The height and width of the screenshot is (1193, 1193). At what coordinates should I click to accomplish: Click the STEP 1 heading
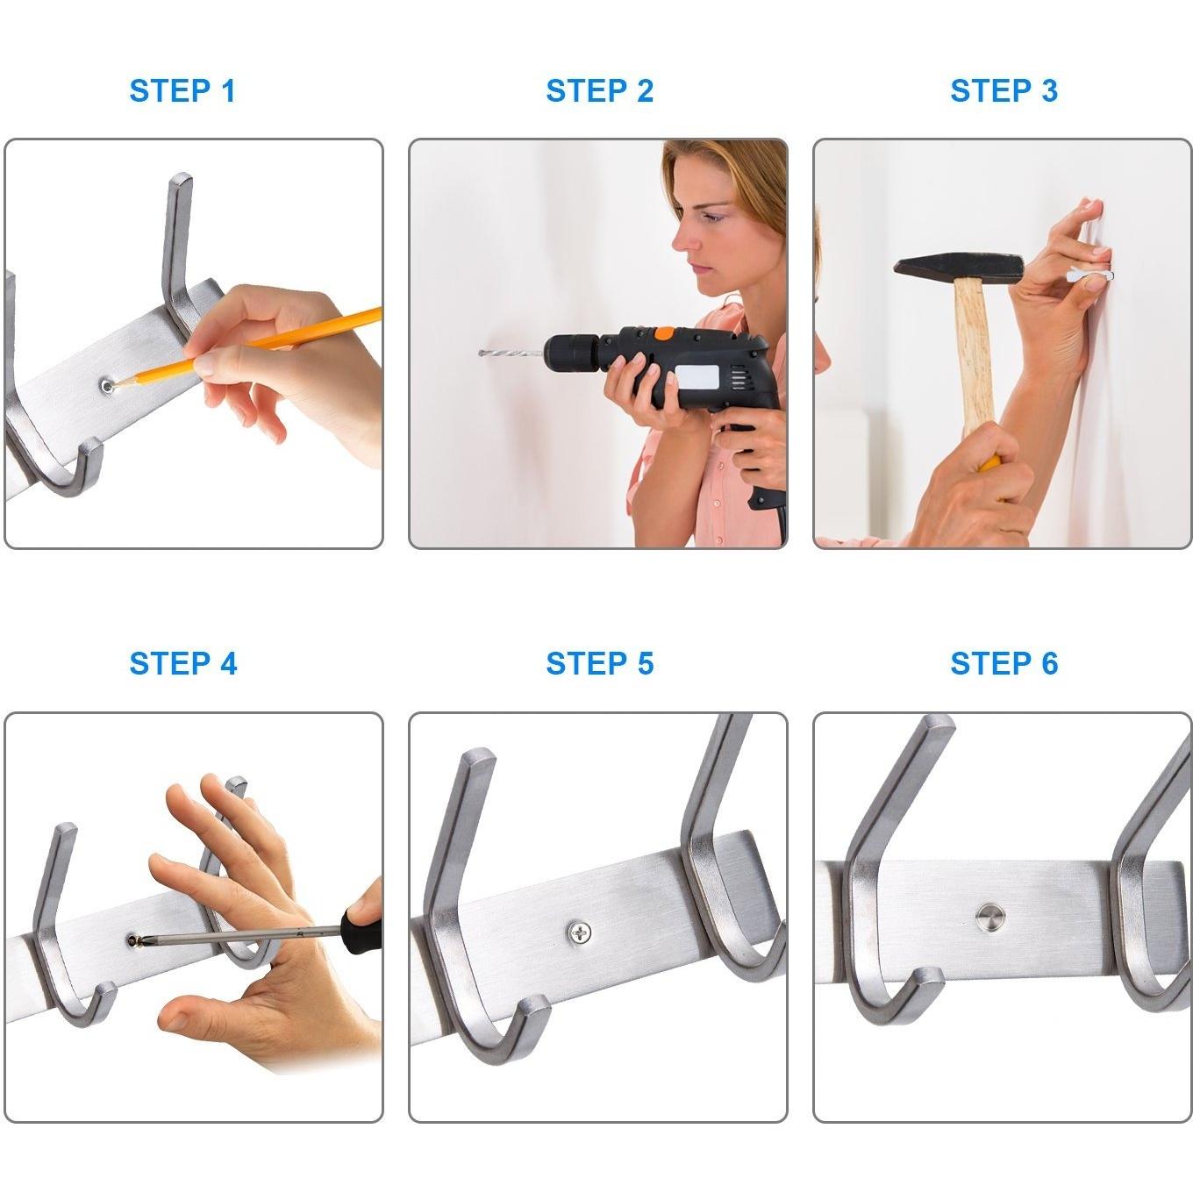pos(182,91)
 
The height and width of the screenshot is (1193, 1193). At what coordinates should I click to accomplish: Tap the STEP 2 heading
pos(599,91)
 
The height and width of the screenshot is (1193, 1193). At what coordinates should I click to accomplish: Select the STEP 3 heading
pos(1004,91)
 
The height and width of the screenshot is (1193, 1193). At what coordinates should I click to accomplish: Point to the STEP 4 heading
pos(182,664)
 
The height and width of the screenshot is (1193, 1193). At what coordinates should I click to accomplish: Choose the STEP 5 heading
pos(599,664)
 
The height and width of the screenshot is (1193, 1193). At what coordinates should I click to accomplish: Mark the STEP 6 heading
pos(1004,664)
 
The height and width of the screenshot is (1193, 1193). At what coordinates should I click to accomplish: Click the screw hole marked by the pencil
pos(108,387)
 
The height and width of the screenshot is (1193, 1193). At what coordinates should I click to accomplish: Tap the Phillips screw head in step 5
pos(580,932)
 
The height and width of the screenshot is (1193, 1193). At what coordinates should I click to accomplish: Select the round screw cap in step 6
pos(990,918)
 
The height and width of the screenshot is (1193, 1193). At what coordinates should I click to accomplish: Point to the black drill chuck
pos(573,354)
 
